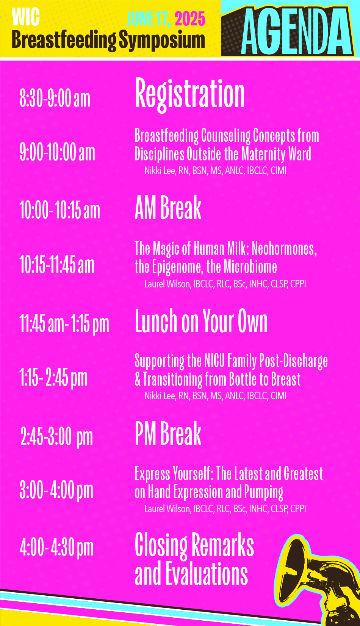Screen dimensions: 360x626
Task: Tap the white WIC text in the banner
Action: [26, 17]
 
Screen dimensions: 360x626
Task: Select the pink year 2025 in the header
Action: [190, 19]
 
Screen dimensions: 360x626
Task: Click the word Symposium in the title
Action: [162, 41]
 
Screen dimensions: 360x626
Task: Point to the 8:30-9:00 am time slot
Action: [55, 98]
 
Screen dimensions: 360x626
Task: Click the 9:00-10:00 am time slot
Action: [57, 152]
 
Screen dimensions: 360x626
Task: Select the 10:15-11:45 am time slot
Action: [57, 265]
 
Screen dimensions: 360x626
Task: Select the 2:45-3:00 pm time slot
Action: [57, 437]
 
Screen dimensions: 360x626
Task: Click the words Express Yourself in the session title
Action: [174, 474]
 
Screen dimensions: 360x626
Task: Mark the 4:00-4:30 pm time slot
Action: [57, 548]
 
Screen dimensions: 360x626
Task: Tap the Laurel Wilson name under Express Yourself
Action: [167, 509]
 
